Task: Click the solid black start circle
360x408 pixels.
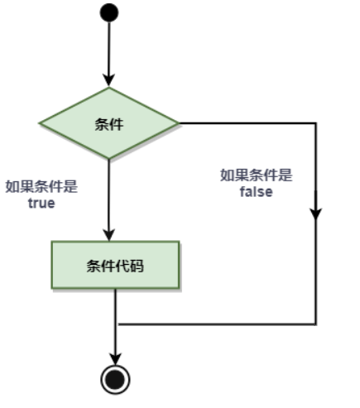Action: pos(109,12)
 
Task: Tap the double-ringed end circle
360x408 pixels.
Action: pos(115,380)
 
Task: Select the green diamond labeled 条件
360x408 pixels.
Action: pos(109,123)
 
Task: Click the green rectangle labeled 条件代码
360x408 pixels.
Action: pos(115,265)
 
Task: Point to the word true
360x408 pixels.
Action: pos(41,204)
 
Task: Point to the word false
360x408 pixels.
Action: pos(257,192)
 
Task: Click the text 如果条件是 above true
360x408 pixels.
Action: pos(41,186)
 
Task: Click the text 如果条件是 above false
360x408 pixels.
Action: pos(257,175)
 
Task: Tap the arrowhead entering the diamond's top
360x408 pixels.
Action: pos(109,80)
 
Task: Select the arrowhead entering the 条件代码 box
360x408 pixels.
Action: pos(109,234)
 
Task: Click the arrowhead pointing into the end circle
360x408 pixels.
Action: pos(115,358)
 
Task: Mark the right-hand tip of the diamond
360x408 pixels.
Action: pos(179,123)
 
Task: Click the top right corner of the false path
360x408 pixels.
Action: pos(316,123)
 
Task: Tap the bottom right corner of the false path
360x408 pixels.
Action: pos(316,324)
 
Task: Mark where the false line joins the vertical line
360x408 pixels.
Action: pos(116,324)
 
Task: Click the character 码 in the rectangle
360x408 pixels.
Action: pos(137,266)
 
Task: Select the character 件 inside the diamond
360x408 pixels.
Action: pos(117,124)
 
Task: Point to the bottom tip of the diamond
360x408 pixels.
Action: pos(109,159)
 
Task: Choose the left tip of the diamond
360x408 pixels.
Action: pos(40,123)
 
